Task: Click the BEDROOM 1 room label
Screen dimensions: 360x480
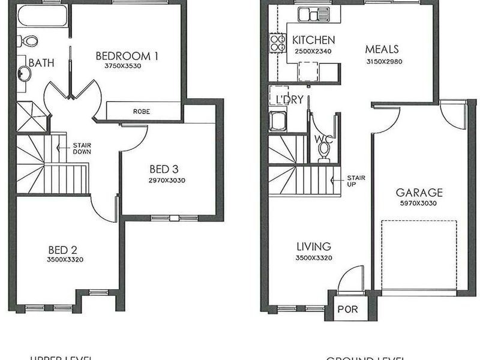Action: [127, 56]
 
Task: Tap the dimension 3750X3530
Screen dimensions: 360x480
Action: [122, 66]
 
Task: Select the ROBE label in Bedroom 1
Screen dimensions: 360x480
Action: [142, 112]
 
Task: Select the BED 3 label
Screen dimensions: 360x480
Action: [164, 170]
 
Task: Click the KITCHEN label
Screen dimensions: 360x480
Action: [313, 40]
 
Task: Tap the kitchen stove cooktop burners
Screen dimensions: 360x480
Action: [278, 41]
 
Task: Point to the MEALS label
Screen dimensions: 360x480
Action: [382, 49]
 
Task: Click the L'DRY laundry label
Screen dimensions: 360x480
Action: [289, 100]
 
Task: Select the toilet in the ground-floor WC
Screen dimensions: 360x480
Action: [324, 148]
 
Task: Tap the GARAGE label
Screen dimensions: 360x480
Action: [419, 193]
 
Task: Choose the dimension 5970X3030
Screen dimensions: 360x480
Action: [419, 203]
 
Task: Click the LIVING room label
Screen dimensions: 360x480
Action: [313, 247]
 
